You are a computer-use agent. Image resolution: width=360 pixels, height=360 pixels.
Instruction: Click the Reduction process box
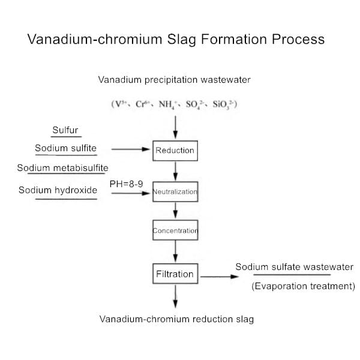click(x=175, y=150)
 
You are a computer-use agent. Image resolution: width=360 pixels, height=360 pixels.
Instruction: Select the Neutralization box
click(x=175, y=192)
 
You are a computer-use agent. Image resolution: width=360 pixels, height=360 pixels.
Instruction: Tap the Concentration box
click(x=175, y=230)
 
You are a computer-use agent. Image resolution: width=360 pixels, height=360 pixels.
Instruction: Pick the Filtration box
click(x=175, y=274)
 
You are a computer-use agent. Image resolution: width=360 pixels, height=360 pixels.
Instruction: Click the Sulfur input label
click(x=65, y=130)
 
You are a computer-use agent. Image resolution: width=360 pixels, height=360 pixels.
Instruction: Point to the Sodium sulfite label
click(x=65, y=148)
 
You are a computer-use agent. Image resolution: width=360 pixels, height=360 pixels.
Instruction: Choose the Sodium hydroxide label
click(x=66, y=190)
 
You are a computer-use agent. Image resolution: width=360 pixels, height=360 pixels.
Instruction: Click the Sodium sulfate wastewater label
click(x=294, y=267)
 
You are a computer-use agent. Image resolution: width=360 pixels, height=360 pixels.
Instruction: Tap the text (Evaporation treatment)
click(x=303, y=286)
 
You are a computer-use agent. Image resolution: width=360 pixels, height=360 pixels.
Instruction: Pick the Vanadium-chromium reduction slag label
click(x=176, y=319)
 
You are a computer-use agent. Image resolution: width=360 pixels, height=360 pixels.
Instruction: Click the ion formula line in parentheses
click(x=175, y=103)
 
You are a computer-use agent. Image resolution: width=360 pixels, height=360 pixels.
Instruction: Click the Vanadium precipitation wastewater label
click(x=175, y=79)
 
